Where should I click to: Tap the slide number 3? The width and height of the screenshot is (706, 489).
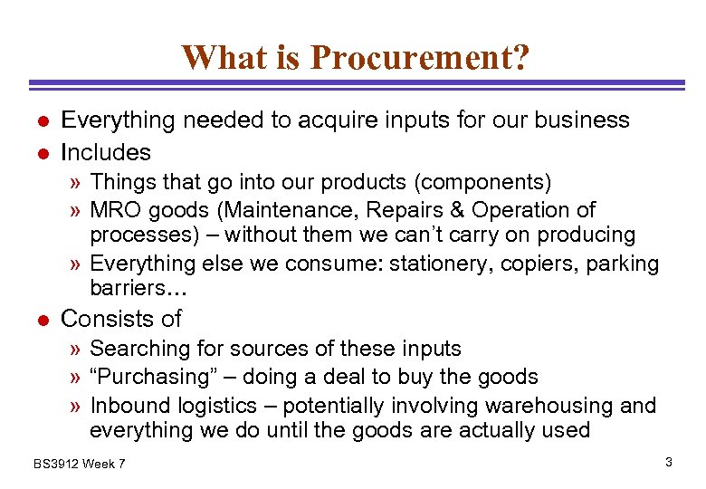click(668, 463)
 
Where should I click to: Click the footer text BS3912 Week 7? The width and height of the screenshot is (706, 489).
click(80, 464)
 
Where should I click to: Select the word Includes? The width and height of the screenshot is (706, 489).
click(105, 151)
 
